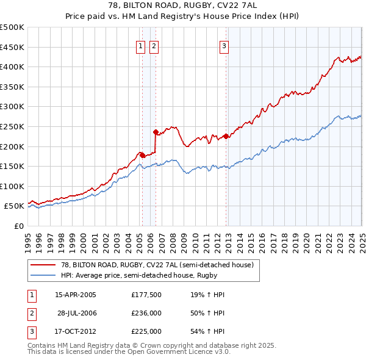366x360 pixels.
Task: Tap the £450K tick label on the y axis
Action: [x=12, y=47]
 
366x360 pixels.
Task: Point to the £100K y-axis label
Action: [x=12, y=186]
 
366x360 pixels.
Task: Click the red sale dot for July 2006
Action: [x=156, y=131]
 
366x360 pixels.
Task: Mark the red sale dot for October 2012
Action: [x=226, y=136]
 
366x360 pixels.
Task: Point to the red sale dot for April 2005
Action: [x=142, y=155]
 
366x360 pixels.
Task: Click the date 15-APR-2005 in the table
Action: [x=75, y=295]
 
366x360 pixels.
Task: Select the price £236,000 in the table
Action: [x=146, y=313]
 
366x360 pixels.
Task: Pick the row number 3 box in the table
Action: [x=31, y=331]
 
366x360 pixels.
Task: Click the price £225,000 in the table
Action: [x=146, y=331]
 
